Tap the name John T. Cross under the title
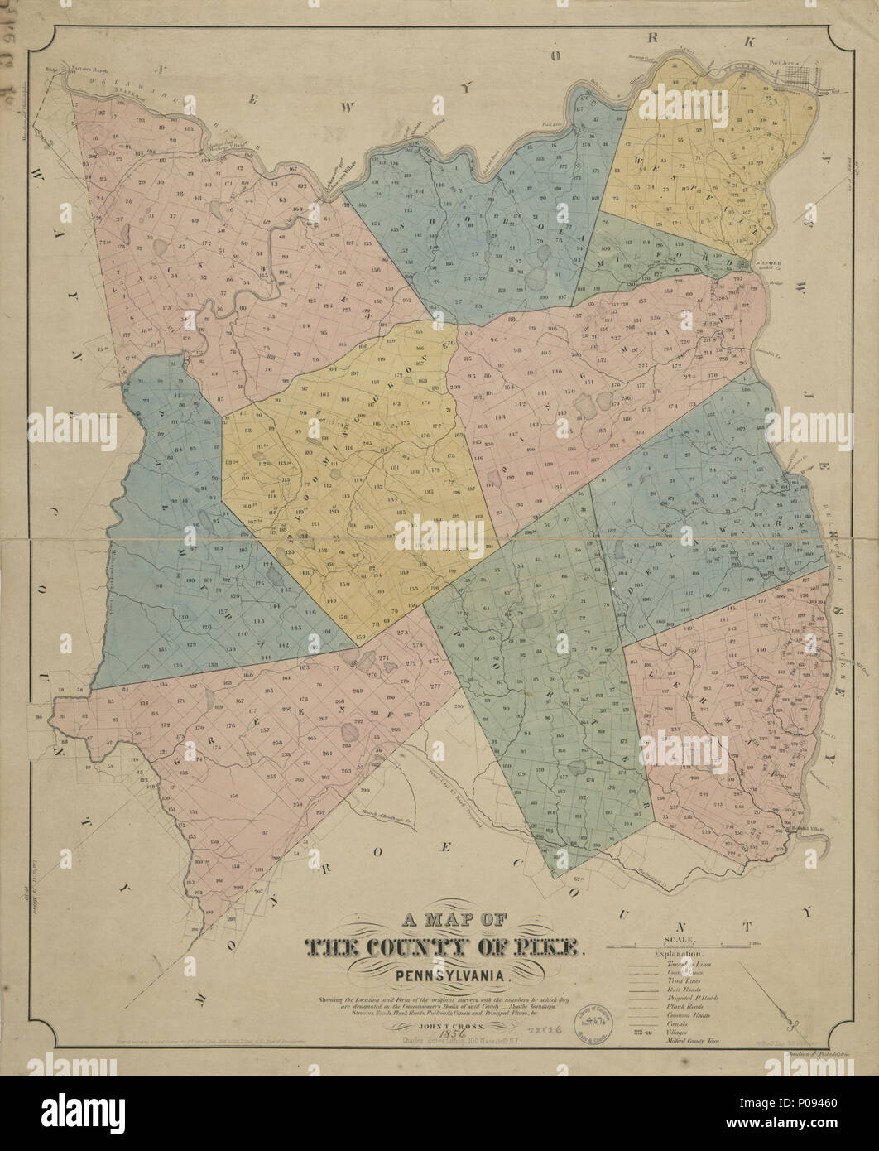(x=447, y=1025)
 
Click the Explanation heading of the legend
(x=678, y=955)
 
